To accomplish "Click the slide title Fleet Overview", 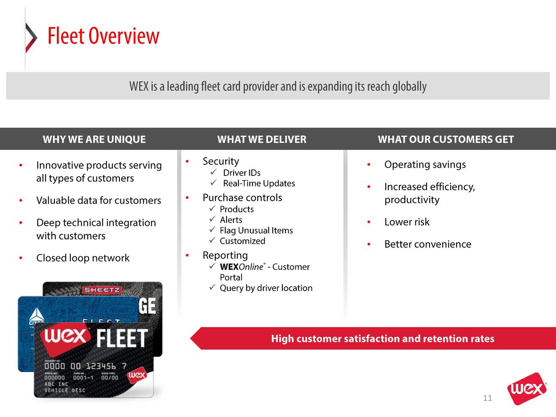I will click(x=103, y=36).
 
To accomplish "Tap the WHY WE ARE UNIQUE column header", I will click(x=94, y=139).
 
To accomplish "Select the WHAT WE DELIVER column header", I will click(x=261, y=139).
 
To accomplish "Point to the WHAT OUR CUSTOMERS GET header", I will click(x=446, y=139).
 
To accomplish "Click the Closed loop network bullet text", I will click(x=83, y=258).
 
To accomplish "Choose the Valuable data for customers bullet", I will click(x=99, y=201).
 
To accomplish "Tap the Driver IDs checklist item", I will click(x=242, y=173).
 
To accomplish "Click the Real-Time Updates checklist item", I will click(x=259, y=183).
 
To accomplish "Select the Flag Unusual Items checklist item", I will click(x=256, y=231).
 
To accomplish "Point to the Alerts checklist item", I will click(x=231, y=220).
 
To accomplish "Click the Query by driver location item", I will click(x=266, y=288).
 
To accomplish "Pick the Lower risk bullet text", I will click(x=407, y=222).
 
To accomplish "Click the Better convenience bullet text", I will click(x=428, y=244).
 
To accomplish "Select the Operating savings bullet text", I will click(x=425, y=165).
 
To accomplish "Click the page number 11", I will click(x=487, y=398).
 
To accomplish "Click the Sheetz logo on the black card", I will click(x=102, y=290).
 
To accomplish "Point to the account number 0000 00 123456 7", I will click(x=85, y=366).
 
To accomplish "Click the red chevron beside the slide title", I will click(x=31, y=37).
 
